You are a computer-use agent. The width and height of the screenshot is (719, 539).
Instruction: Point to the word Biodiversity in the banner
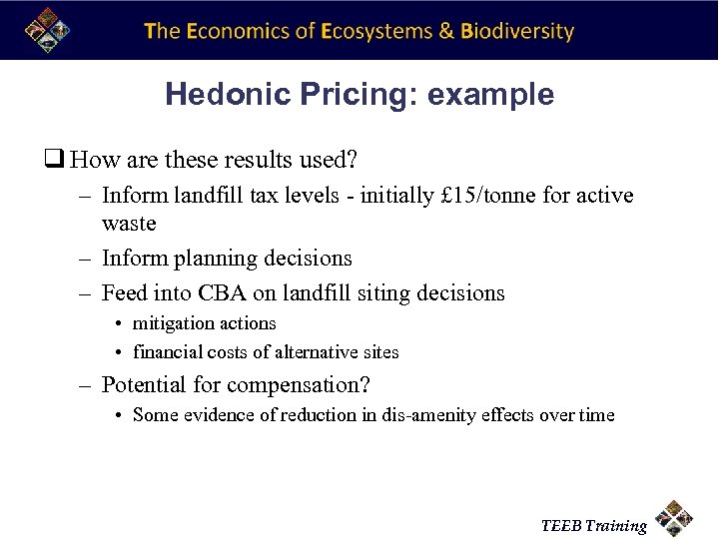517,31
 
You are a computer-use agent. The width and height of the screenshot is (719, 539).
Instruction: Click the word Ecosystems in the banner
376,31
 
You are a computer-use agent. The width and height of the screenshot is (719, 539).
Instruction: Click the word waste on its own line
129,223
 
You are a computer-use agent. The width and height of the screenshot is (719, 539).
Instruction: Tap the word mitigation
175,323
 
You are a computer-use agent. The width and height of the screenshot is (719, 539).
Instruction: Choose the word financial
168,352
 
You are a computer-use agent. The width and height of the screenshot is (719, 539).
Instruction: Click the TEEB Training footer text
593,526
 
